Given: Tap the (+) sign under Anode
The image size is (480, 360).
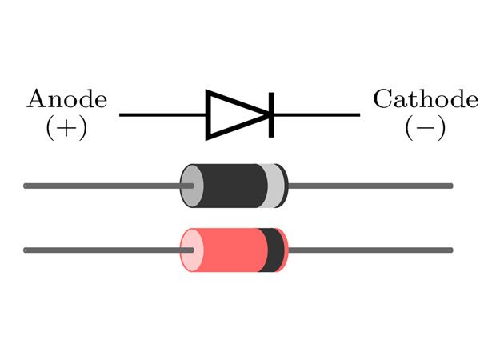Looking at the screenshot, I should pos(66,128).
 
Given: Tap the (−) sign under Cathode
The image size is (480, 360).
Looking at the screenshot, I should pos(425,128).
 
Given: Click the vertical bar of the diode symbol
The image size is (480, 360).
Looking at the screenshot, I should pos(271,115).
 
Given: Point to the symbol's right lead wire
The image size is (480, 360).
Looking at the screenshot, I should pos(316,115).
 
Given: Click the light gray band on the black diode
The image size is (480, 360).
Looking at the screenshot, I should pos(274,186).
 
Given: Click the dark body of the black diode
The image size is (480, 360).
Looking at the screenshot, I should pos(232,186).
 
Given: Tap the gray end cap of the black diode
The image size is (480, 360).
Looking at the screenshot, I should pos(190,186).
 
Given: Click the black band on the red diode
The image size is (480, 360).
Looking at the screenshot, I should pos(272,250).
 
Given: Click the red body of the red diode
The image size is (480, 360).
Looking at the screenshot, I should pos(232,250).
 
